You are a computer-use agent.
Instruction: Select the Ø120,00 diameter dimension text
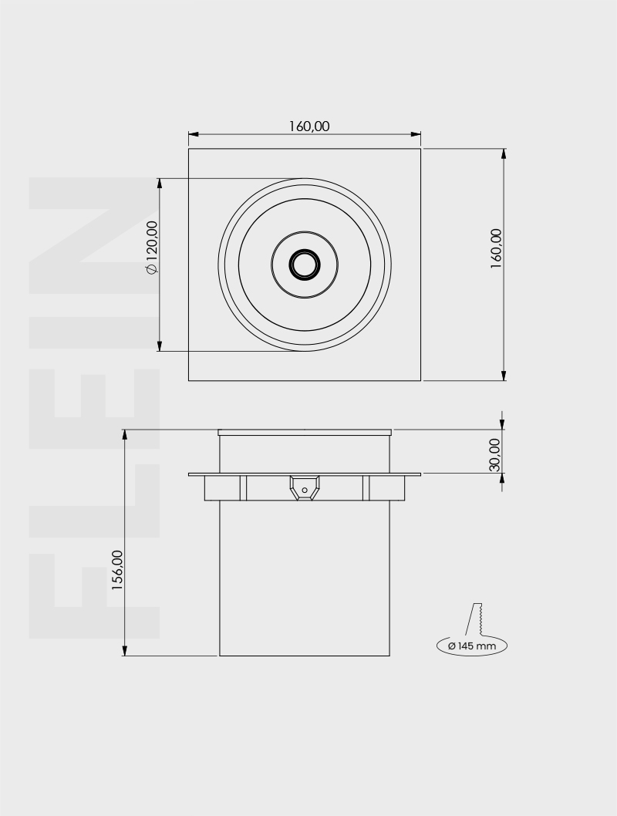point(151,247)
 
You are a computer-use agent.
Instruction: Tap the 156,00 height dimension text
point(117,570)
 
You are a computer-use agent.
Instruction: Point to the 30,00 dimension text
point(494,455)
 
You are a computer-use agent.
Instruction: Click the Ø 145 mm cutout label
point(472,646)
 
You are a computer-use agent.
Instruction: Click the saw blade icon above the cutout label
point(476,619)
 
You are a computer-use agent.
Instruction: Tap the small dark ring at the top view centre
point(305,265)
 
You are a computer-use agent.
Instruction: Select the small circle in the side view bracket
point(305,491)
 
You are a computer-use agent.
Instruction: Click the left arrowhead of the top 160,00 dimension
point(194,134)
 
